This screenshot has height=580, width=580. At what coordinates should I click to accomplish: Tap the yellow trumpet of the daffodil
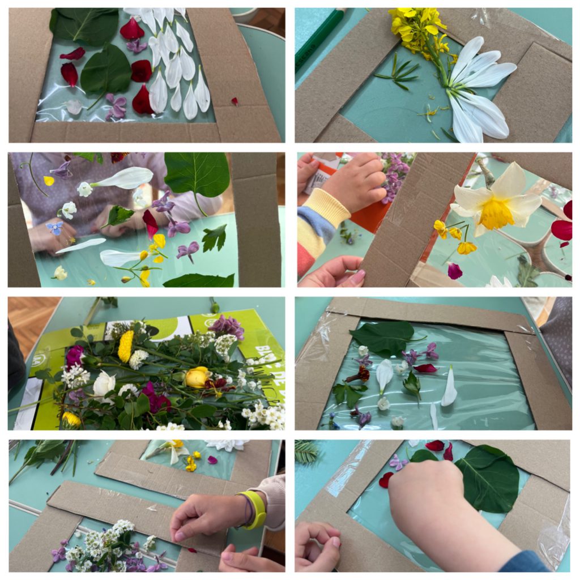496,214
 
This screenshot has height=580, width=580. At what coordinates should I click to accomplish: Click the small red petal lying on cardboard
234,101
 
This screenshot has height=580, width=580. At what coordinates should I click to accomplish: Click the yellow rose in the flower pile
197,377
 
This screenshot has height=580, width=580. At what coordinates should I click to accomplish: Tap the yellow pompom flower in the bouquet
125,346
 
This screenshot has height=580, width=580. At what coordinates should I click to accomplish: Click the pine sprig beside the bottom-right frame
306,452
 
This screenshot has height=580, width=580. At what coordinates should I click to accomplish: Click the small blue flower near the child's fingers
54,228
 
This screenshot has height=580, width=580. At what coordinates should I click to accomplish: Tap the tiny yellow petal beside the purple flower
49,181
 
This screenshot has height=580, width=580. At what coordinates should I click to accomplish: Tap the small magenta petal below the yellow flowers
455,271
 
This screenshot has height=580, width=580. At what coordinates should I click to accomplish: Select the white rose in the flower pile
104,384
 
